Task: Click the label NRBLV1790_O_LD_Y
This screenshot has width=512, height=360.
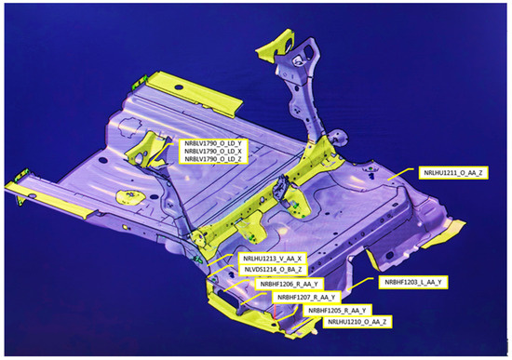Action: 212,143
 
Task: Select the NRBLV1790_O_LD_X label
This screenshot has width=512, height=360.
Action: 212,152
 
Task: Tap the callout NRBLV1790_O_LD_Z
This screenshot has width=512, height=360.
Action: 212,159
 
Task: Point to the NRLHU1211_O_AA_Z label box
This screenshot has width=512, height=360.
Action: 453,173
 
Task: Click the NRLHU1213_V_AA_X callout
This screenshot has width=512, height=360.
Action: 272,259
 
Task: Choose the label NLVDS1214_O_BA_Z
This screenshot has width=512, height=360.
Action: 273,270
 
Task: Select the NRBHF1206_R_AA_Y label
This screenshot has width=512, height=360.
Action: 290,284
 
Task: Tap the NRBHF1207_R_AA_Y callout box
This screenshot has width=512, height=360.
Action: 306,298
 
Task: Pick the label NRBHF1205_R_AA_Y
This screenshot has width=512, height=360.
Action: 337,310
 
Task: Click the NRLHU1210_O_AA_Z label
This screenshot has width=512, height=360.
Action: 357,322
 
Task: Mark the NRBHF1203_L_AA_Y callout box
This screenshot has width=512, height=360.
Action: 413,282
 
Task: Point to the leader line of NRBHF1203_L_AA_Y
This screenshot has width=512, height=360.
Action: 359,284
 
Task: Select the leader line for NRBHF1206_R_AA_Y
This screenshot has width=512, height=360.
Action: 236,285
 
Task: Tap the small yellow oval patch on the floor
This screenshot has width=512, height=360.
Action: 131,197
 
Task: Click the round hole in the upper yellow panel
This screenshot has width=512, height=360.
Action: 179,87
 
